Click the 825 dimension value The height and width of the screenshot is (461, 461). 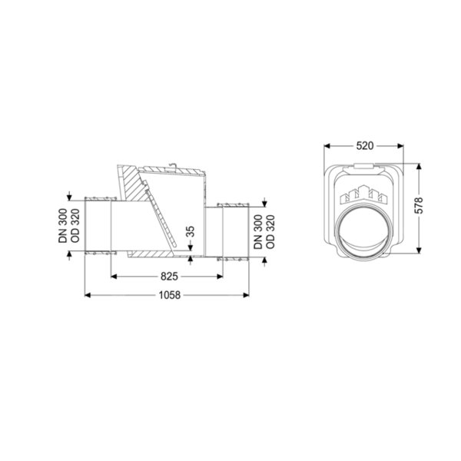pos(169,277)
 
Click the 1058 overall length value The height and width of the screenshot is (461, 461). pos(169,295)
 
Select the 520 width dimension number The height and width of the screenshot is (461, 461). pos(364,145)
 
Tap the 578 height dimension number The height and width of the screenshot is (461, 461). pos(420,205)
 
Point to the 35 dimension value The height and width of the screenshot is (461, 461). pos(191,231)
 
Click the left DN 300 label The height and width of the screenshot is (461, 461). pos(63,225)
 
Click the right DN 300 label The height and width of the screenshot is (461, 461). pos(258,232)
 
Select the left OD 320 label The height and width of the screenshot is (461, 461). pos(75,225)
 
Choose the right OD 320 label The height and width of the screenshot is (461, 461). pos(270,232)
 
